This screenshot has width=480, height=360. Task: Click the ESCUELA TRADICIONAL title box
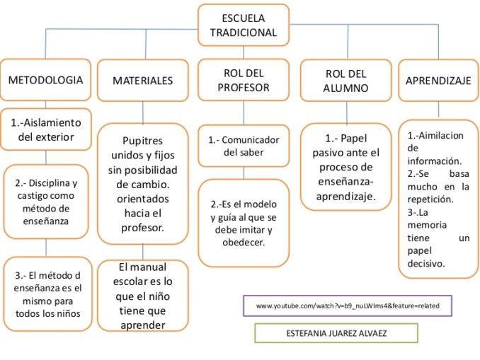[x=244, y=25]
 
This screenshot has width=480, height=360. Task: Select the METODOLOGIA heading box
[x=45, y=80]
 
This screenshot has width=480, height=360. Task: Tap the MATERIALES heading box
[x=142, y=81]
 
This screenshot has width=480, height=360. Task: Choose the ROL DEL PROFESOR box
[x=244, y=80]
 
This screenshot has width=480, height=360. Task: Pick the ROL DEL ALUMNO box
[x=346, y=81]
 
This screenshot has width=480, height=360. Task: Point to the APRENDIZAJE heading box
[x=438, y=81]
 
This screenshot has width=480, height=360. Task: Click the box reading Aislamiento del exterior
[x=46, y=129]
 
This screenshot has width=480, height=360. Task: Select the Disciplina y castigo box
[x=46, y=202]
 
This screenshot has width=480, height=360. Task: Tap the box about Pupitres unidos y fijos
[x=142, y=184]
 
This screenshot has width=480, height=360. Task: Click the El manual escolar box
[x=142, y=296]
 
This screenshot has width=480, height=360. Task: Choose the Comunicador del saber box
[x=244, y=146]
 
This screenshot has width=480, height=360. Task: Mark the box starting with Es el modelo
[x=244, y=223]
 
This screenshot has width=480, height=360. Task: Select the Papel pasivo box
[x=346, y=167]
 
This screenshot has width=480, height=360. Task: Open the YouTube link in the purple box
[x=348, y=306]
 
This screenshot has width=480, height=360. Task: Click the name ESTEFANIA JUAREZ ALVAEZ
[x=336, y=333]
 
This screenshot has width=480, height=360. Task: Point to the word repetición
[x=430, y=199]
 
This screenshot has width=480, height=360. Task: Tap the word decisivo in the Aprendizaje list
[x=425, y=264]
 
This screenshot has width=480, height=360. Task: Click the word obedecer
[x=244, y=243]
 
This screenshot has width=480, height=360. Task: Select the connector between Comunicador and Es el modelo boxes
[x=244, y=173]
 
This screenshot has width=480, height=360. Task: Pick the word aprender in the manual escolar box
[x=143, y=325]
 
